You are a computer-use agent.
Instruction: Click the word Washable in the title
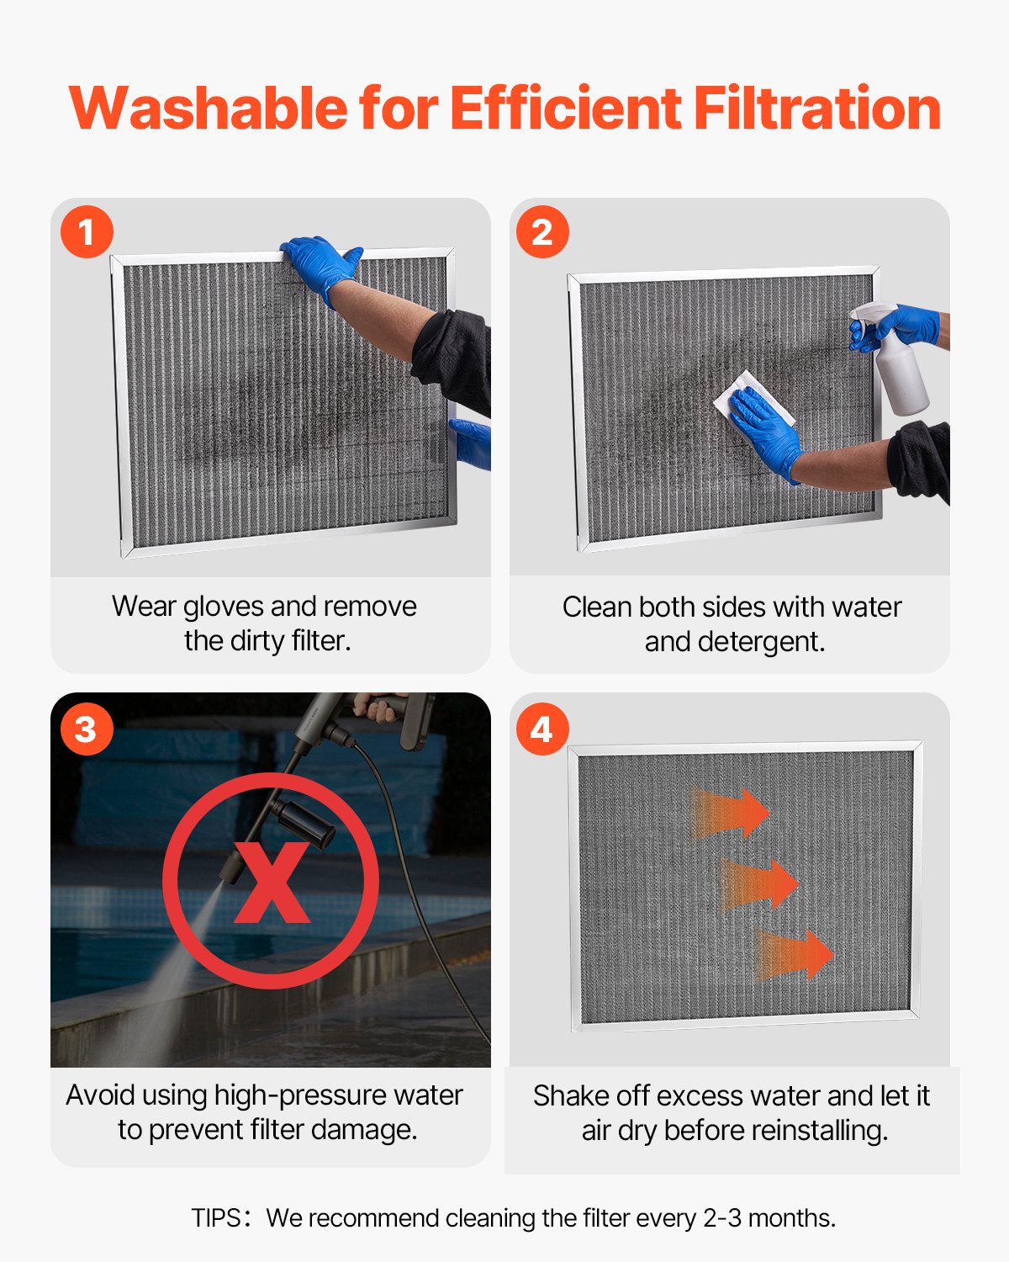pyautogui.click(x=208, y=109)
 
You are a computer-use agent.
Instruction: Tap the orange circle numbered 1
pyautogui.click(x=87, y=231)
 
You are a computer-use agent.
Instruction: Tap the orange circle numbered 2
pyautogui.click(x=542, y=231)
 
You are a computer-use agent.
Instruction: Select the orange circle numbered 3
pyautogui.click(x=87, y=729)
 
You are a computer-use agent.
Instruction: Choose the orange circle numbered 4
pyautogui.click(x=542, y=729)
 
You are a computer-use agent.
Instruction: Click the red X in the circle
pyautogui.click(x=271, y=882)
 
